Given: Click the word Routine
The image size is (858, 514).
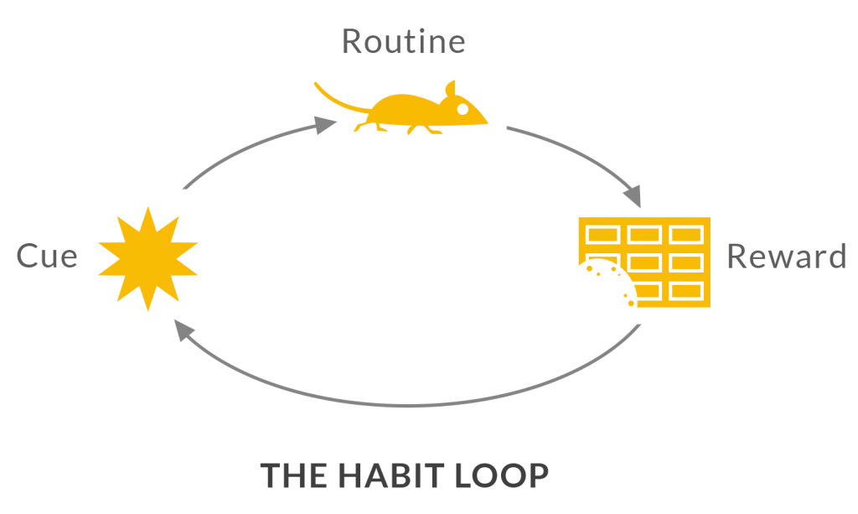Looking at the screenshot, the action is pos(404,42).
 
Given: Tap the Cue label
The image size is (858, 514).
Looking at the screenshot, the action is pos(47,257).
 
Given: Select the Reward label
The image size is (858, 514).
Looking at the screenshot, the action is pos(786,257).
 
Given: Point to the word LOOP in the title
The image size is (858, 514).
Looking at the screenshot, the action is pos(501,475).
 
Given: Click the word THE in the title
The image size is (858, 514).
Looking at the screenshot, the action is pos(294,475).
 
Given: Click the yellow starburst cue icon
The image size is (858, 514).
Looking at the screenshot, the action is pos(147,259).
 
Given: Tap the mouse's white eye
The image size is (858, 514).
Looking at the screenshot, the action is pos(463,109).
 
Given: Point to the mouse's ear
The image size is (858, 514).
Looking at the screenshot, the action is pos(451,89).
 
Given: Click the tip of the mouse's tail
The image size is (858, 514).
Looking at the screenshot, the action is pos(316,83).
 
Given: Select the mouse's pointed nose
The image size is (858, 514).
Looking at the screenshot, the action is pos(486,122).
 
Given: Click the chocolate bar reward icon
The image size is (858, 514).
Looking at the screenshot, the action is pos(644,262).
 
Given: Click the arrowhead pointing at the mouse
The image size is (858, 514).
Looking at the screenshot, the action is pos(326,125).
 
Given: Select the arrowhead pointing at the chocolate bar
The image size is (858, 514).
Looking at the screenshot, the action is pos(633,196).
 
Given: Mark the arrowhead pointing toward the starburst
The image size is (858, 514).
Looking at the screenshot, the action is pos(183,330).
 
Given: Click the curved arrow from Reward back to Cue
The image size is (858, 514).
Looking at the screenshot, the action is pos(408,406).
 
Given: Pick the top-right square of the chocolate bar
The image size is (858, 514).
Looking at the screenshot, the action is pos(686,235).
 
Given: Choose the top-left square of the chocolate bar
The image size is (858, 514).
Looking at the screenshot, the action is pos(602,235).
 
